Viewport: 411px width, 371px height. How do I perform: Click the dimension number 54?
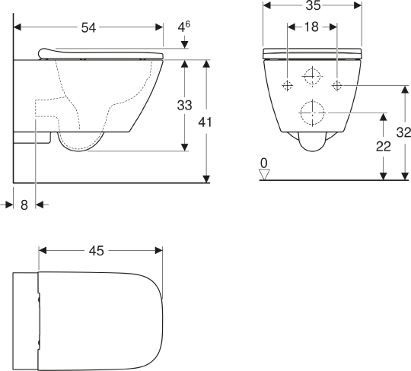coord(88,27)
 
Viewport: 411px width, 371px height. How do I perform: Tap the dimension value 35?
coord(314,5)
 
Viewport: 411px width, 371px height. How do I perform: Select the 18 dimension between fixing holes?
coord(311,27)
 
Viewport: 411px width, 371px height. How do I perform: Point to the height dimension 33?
coord(185,105)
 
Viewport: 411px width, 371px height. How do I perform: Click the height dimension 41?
coord(205,122)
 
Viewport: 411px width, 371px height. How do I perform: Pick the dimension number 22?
coord(384,147)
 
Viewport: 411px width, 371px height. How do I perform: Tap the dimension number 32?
coord(403,132)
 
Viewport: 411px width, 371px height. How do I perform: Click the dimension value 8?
coord(24,205)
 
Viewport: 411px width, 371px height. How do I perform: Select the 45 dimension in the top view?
coord(97,251)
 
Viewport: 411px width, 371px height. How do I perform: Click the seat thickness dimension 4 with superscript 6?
coord(184,27)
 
